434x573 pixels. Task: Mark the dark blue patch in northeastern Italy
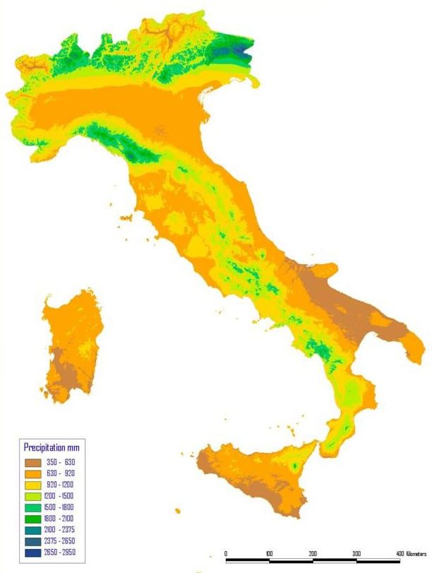point(243,51)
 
